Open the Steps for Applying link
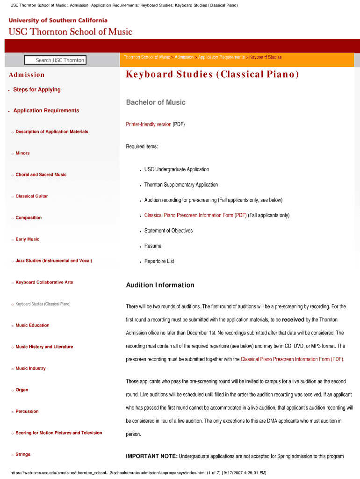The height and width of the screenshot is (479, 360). point(37,89)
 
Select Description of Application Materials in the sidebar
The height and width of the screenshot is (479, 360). point(52,131)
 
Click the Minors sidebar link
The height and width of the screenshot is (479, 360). point(22,153)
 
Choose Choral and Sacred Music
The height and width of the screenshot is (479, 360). point(41,174)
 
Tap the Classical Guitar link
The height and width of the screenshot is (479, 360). point(32,196)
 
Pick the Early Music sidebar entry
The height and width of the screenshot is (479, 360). point(28,239)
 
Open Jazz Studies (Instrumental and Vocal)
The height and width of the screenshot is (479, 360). point(54,261)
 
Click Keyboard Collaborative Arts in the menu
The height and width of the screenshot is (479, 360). point(44,282)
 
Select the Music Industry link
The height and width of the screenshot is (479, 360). point(31,368)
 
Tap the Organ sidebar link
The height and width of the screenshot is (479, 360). point(22,390)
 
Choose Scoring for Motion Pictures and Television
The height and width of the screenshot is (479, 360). point(59,433)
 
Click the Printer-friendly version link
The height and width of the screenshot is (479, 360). point(149,124)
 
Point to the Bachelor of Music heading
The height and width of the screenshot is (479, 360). point(156,102)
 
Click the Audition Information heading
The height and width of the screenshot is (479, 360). point(160,285)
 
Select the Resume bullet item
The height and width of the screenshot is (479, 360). point(153,246)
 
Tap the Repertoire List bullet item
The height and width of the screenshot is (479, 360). point(159,261)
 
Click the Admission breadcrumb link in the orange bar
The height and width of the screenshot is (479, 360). point(184,57)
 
